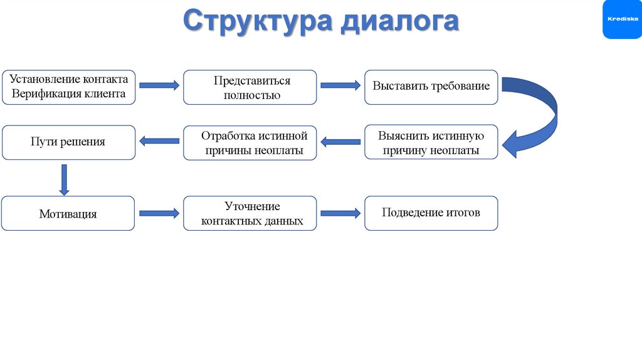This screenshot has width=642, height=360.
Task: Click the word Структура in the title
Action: click(x=258, y=22)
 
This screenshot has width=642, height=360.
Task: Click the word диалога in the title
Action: click(x=400, y=22)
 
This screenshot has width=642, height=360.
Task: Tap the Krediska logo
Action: click(x=622, y=19)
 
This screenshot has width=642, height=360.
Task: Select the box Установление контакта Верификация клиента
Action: click(x=68, y=87)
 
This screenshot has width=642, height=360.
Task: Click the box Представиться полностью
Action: click(x=250, y=87)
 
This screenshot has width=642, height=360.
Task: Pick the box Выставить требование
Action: click(x=431, y=87)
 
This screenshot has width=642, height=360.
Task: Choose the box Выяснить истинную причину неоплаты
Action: click(x=431, y=142)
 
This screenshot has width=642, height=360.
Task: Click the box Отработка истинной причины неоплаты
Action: click(x=250, y=143)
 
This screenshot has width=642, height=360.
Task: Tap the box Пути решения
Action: click(x=68, y=142)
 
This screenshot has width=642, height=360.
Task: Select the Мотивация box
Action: click(x=68, y=213)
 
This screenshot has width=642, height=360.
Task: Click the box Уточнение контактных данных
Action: click(x=250, y=213)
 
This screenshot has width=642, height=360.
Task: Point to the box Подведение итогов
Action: click(x=431, y=213)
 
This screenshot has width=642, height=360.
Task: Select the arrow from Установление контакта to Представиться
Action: click(x=159, y=85)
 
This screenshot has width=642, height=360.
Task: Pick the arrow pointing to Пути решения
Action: click(x=159, y=142)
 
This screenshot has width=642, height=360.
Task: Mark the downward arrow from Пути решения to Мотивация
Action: click(x=63, y=179)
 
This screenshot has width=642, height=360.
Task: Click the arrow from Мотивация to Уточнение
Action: click(x=159, y=213)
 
